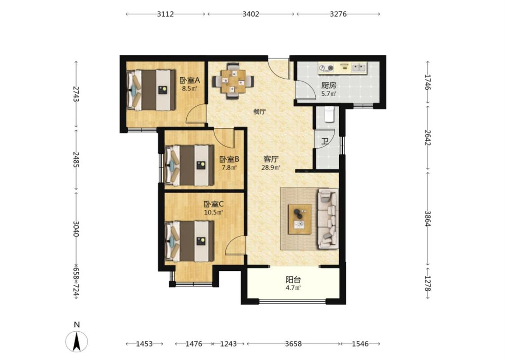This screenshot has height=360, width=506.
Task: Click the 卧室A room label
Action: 190,80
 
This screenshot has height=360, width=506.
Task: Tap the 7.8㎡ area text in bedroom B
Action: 229,167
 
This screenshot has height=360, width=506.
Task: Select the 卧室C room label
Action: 213,204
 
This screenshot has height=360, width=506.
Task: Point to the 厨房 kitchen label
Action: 329,85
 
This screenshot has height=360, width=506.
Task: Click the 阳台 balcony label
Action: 293,279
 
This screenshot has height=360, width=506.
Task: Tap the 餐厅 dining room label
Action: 260,112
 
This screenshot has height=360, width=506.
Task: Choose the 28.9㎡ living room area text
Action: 270,167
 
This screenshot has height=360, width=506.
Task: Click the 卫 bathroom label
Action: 325,141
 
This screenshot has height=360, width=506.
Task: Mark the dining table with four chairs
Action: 233,81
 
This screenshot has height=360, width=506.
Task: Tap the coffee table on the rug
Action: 300,219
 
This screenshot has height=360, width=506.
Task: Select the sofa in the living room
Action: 328,219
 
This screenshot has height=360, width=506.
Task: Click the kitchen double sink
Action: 358,67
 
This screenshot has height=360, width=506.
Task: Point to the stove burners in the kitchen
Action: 326,68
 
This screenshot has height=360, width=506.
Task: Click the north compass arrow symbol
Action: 76,342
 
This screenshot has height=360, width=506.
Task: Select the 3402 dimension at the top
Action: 251,14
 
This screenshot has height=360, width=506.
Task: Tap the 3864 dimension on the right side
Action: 428,219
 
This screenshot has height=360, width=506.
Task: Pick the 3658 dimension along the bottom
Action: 293,344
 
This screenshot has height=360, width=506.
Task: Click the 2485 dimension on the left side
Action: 76,160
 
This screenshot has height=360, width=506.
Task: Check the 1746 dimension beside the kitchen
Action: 428,82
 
